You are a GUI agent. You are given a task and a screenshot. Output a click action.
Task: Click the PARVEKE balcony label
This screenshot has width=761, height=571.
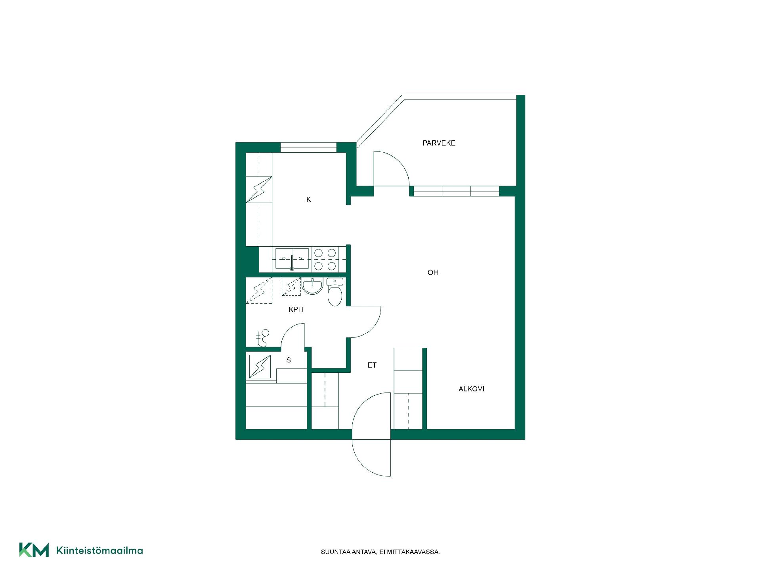[439, 143]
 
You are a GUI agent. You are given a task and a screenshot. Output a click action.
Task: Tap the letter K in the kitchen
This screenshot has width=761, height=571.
[309, 199]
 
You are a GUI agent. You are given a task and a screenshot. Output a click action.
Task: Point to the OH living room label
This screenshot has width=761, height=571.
[433, 272]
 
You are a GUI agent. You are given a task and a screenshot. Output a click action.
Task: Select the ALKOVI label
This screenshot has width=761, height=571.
[471, 389]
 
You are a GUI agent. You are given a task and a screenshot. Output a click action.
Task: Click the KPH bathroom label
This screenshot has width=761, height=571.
[296, 310]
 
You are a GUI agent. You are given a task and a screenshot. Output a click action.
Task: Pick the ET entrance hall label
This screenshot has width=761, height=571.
[372, 365]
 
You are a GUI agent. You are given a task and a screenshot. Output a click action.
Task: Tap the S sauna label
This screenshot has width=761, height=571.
[289, 360]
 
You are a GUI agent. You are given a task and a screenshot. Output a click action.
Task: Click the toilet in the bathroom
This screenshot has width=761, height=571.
[335, 292]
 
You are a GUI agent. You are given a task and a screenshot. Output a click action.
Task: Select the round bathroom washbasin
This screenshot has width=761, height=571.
[313, 286]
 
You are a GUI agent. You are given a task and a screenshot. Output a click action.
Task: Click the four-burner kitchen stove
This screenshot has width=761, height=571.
[325, 259]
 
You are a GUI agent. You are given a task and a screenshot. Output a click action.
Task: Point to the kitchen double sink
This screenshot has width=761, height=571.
[292, 259]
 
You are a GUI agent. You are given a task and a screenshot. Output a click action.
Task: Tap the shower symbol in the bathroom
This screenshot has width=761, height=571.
[262, 337]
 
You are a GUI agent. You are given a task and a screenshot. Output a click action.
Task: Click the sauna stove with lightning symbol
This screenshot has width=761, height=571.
[260, 366]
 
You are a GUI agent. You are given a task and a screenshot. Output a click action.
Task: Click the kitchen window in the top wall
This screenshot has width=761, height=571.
[308, 147]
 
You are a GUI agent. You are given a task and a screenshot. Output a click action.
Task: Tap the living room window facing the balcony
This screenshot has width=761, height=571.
[456, 191]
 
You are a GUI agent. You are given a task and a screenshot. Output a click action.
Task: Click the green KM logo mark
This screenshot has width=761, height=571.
[34, 550]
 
